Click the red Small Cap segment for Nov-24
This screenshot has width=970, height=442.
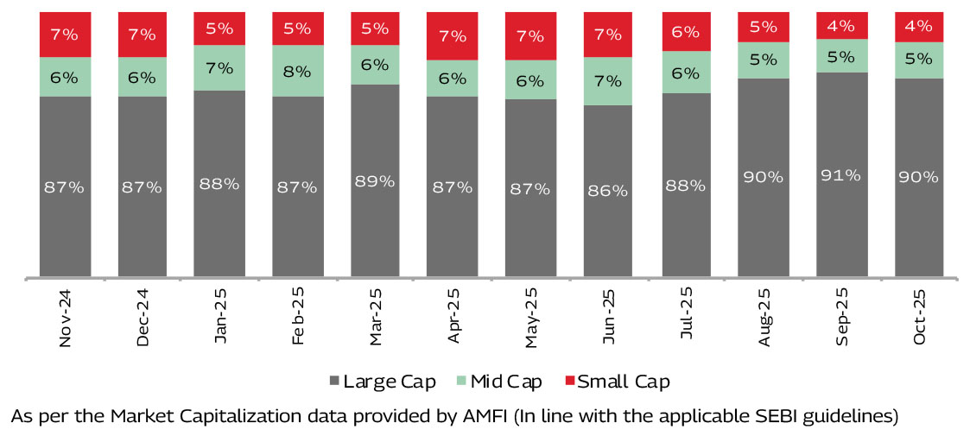click(65, 35)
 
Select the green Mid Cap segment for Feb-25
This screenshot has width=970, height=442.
click(298, 71)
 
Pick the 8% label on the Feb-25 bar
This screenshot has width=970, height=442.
click(298, 71)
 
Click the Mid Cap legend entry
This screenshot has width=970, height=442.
click(502, 381)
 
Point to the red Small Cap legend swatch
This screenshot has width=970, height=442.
click(568, 381)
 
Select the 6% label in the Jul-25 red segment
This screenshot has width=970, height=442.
click(687, 31)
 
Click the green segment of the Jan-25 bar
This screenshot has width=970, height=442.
click(219, 68)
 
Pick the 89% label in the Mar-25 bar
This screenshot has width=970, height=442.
click(376, 181)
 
